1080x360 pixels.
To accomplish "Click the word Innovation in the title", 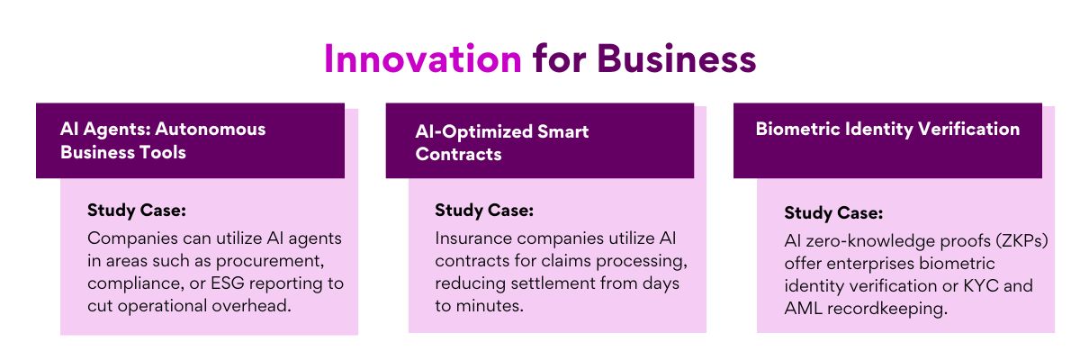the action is coord(423,58).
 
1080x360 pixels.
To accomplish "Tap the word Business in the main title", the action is coord(677,58).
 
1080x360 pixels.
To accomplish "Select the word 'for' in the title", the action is coord(559,58).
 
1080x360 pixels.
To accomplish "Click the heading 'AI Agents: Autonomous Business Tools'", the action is coord(163,140).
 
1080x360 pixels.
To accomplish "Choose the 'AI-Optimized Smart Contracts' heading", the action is coord(502,143).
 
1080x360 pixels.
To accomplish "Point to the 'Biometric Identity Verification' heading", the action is coord(887,130).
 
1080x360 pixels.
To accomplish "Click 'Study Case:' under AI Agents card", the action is coord(137,211).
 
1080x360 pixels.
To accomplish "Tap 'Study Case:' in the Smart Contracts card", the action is coord(484,211).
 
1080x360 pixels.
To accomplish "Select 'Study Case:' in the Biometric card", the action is coord(833,213).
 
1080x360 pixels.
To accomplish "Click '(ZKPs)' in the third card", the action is coord(1022,241).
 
